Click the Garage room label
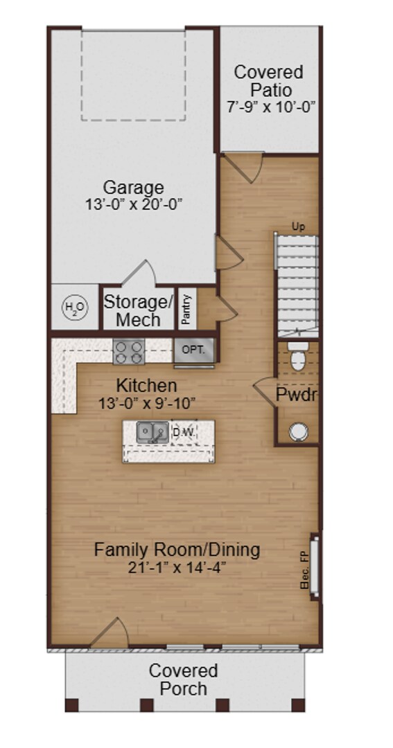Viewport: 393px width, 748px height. pyautogui.click(x=133, y=187)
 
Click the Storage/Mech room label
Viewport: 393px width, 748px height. pyautogui.click(x=137, y=311)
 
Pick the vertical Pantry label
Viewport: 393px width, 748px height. pyautogui.click(x=186, y=309)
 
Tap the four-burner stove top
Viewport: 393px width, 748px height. pyautogui.click(x=128, y=351)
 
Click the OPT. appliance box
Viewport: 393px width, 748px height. pyautogui.click(x=193, y=350)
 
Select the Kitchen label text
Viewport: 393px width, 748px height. pyautogui.click(x=146, y=385)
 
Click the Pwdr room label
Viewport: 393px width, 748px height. pyautogui.click(x=297, y=395)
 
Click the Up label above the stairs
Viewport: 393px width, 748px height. pyautogui.click(x=298, y=226)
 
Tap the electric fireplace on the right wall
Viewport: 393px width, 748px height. pyautogui.click(x=315, y=562)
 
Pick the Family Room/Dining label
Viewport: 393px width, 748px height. pyautogui.click(x=177, y=550)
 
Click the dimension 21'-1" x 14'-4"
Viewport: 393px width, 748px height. pyautogui.click(x=177, y=568)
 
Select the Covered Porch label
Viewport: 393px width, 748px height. pyautogui.click(x=183, y=679)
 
